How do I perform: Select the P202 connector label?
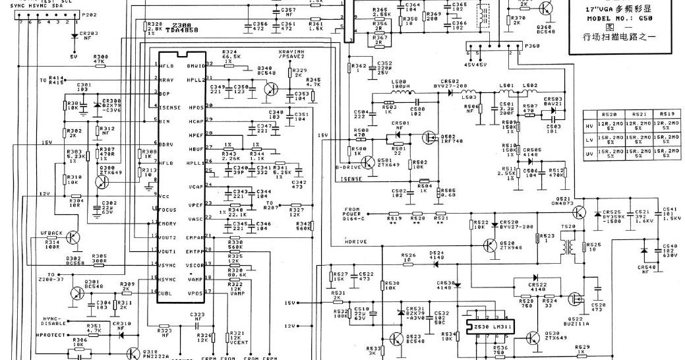[87, 15]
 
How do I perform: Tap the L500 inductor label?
[400, 84]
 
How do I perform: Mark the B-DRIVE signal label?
[348, 168]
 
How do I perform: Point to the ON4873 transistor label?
[563, 202]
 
